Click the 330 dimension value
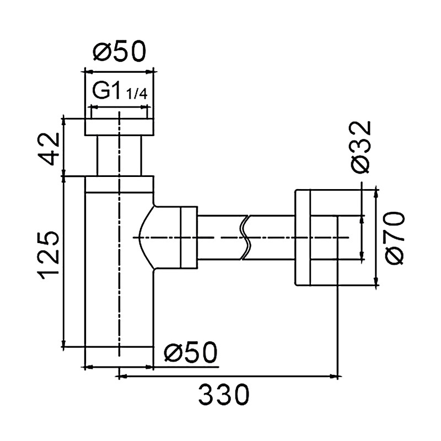224,395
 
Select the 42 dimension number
49,149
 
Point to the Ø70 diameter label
394,238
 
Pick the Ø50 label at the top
120,51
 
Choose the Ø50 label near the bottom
191,352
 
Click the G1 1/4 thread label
120,90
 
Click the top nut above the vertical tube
119,127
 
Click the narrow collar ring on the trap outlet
189,238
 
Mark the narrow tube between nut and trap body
119,156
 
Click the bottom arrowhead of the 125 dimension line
64,343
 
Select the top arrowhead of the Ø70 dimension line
376,195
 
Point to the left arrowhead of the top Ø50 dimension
89,72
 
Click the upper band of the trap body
119,185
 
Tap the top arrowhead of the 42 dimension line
64,123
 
